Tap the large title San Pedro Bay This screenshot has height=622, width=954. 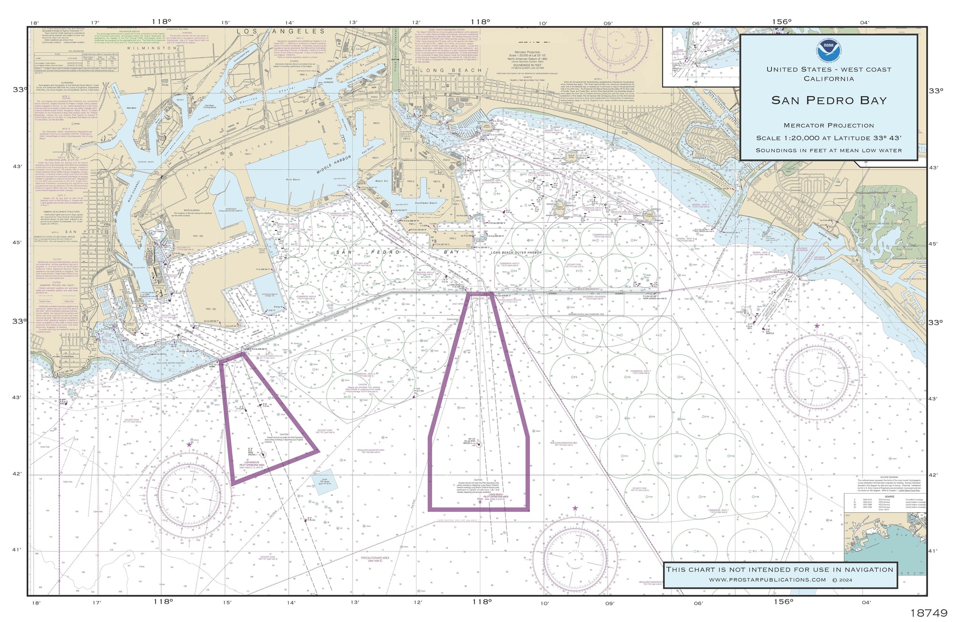[829, 100]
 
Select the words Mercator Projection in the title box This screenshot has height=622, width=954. [829, 125]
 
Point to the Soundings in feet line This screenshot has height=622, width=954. [829, 150]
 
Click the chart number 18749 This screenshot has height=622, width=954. [928, 613]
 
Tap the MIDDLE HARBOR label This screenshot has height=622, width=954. [333, 165]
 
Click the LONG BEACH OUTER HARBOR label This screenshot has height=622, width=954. [516, 253]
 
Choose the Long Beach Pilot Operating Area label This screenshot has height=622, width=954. [496, 497]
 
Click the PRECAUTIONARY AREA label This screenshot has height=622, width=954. [375, 559]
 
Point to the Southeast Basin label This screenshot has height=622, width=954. [425, 203]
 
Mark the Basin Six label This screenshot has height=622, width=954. [382, 181]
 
